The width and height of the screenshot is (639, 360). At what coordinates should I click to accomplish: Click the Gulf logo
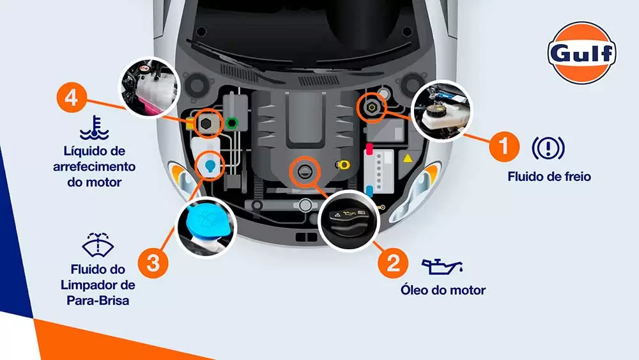pyautogui.click(x=581, y=53)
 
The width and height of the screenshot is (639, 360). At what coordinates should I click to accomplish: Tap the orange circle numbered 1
pyautogui.click(x=504, y=146)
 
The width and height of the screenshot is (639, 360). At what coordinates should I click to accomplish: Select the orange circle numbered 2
pyautogui.click(x=393, y=263)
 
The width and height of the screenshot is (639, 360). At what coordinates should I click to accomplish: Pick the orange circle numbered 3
pyautogui.click(x=153, y=263)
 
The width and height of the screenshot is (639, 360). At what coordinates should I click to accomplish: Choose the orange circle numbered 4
pyautogui.click(x=72, y=98)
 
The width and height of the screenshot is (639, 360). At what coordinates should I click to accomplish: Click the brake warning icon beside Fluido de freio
pyautogui.click(x=548, y=148)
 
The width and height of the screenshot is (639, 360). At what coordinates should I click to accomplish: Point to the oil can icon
pyautogui.click(x=442, y=266)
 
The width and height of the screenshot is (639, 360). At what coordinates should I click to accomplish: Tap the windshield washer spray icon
pyautogui.click(x=98, y=245)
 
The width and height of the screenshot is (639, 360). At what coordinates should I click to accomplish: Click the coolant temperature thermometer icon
pyautogui.click(x=94, y=128)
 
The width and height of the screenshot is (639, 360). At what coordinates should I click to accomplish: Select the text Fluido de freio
pyautogui.click(x=549, y=176)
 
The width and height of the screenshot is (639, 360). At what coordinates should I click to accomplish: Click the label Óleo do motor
pyautogui.click(x=443, y=290)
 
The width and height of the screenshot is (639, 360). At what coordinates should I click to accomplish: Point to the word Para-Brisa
pyautogui.click(x=98, y=301)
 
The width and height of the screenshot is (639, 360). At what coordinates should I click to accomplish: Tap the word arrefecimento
pyautogui.click(x=94, y=167)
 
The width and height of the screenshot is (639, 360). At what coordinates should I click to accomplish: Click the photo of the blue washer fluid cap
pyautogui.click(x=206, y=228)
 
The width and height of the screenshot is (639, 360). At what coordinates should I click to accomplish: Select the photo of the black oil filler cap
pyautogui.click(x=348, y=221)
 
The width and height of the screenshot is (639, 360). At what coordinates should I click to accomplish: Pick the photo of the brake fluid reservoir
pyautogui.click(x=442, y=111)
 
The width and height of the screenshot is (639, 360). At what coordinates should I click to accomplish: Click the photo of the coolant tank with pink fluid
pyautogui.click(x=149, y=87)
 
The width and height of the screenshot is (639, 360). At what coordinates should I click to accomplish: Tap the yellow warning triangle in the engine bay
pyautogui.click(x=408, y=158)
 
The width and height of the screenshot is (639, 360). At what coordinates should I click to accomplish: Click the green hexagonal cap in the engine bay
pyautogui.click(x=232, y=122)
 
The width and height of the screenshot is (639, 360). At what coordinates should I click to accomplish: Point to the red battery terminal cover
pyautogui.click(x=369, y=149)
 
